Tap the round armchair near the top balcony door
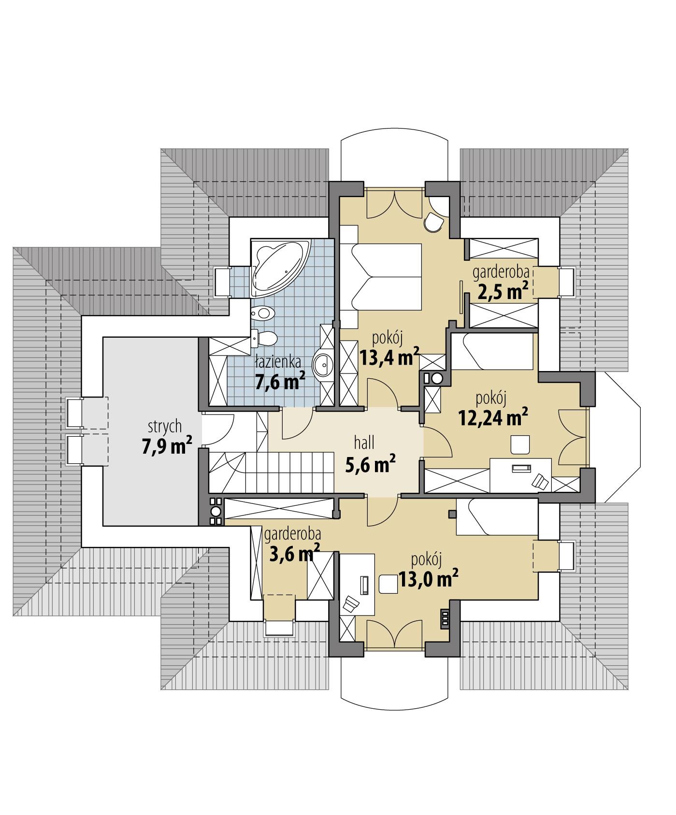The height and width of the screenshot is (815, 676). coord(433,223)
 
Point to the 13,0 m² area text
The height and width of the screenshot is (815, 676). coord(428,579)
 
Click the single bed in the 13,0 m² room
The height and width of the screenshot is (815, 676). coord(498,516)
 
